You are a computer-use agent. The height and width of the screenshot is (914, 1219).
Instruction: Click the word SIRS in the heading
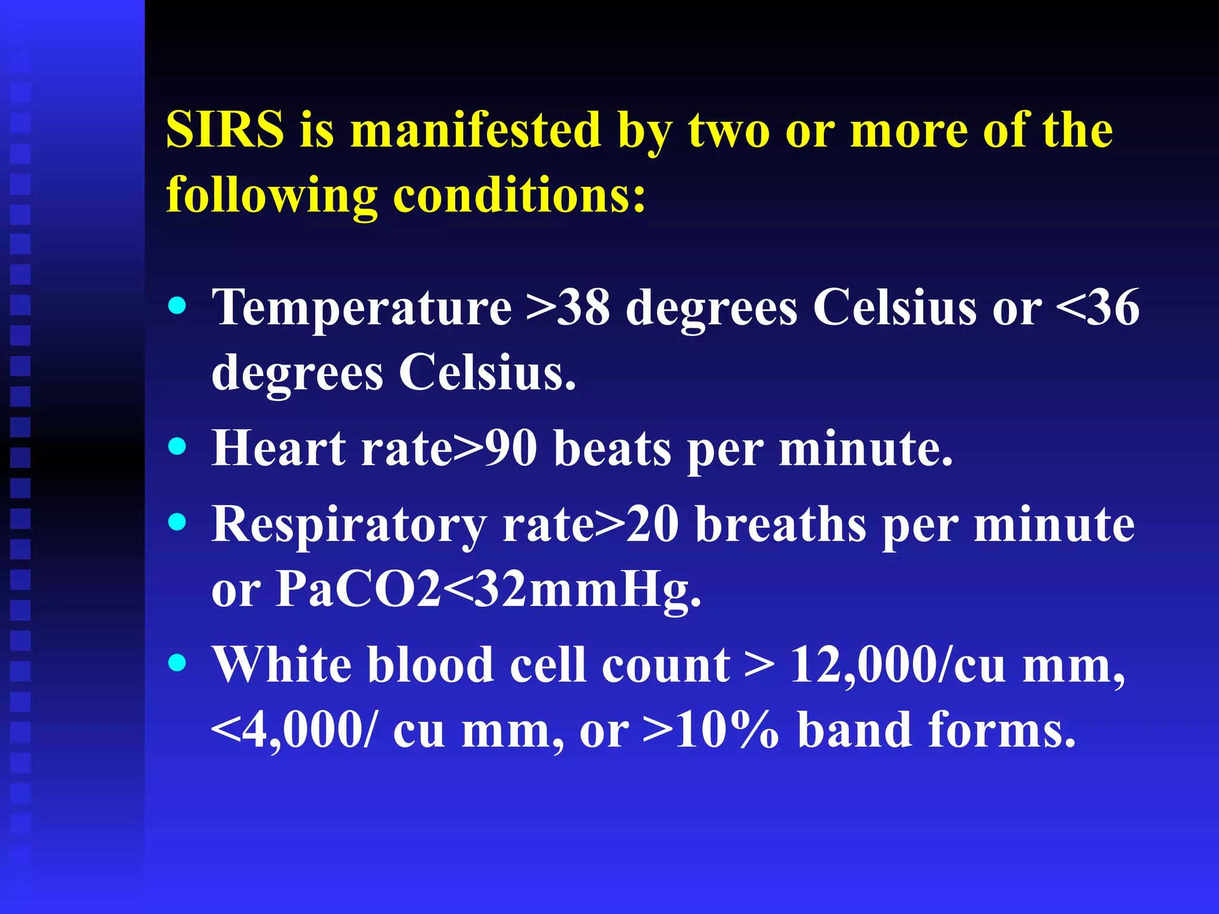pos(225,130)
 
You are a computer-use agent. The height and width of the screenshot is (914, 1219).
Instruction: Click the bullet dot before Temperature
pos(177,306)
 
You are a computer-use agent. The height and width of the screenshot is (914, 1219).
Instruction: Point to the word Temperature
pos(362,308)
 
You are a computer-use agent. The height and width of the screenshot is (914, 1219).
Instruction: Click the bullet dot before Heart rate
pos(177,446)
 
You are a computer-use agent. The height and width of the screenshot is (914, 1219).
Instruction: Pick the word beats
pos(612,448)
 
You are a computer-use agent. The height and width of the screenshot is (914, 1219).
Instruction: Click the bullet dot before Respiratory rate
pos(177,522)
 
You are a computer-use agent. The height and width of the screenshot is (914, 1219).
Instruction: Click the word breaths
pos(780,525)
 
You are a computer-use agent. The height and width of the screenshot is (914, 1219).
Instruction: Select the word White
pos(282,665)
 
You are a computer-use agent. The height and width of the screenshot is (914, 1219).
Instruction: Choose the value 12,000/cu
pos(898,665)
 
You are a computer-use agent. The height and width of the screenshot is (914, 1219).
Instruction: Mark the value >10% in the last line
pos(711,730)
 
